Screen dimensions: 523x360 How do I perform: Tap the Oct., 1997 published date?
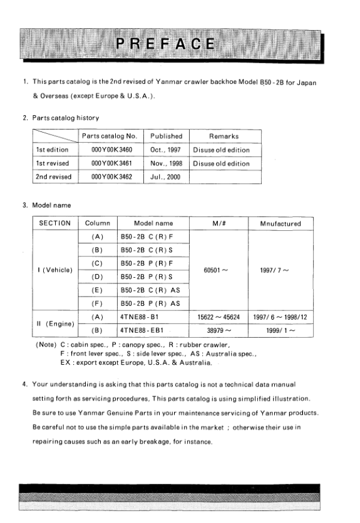pyautogui.click(x=165, y=150)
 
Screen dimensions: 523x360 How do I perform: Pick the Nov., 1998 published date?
pyautogui.click(x=165, y=164)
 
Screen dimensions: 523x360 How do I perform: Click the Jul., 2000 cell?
pyautogui.click(x=165, y=177)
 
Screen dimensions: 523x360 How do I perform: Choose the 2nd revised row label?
pyautogui.click(x=54, y=177)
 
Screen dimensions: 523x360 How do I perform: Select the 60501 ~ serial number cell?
pyautogui.click(x=215, y=270)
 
